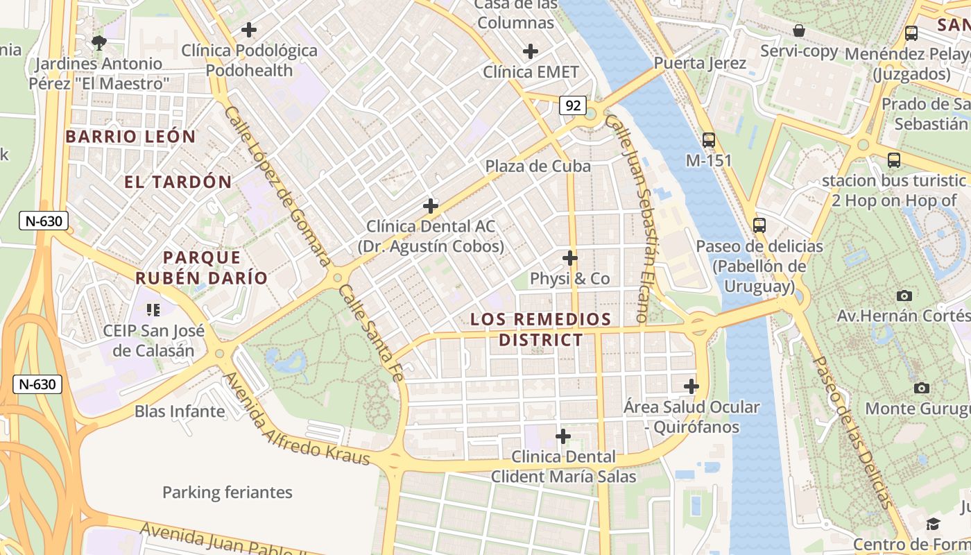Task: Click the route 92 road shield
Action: click(573, 105)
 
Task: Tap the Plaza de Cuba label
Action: click(538, 166)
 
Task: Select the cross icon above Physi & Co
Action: click(570, 258)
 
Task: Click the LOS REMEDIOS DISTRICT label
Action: click(541, 330)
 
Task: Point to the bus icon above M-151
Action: click(708, 139)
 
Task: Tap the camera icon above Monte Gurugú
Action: click(921, 388)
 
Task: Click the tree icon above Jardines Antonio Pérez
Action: click(99, 42)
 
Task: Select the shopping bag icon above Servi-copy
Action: click(799, 31)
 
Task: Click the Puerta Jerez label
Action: click(700, 63)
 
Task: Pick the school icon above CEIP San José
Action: click(153, 309)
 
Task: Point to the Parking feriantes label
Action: click(227, 493)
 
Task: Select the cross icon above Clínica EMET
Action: click(531, 51)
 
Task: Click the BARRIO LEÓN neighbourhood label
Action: click(131, 137)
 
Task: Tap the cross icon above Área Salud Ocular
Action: click(691, 386)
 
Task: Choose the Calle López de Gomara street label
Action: click(277, 186)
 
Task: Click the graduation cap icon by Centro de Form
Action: click(934, 524)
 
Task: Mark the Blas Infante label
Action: click(180, 411)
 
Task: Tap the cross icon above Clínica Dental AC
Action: click(431, 206)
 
